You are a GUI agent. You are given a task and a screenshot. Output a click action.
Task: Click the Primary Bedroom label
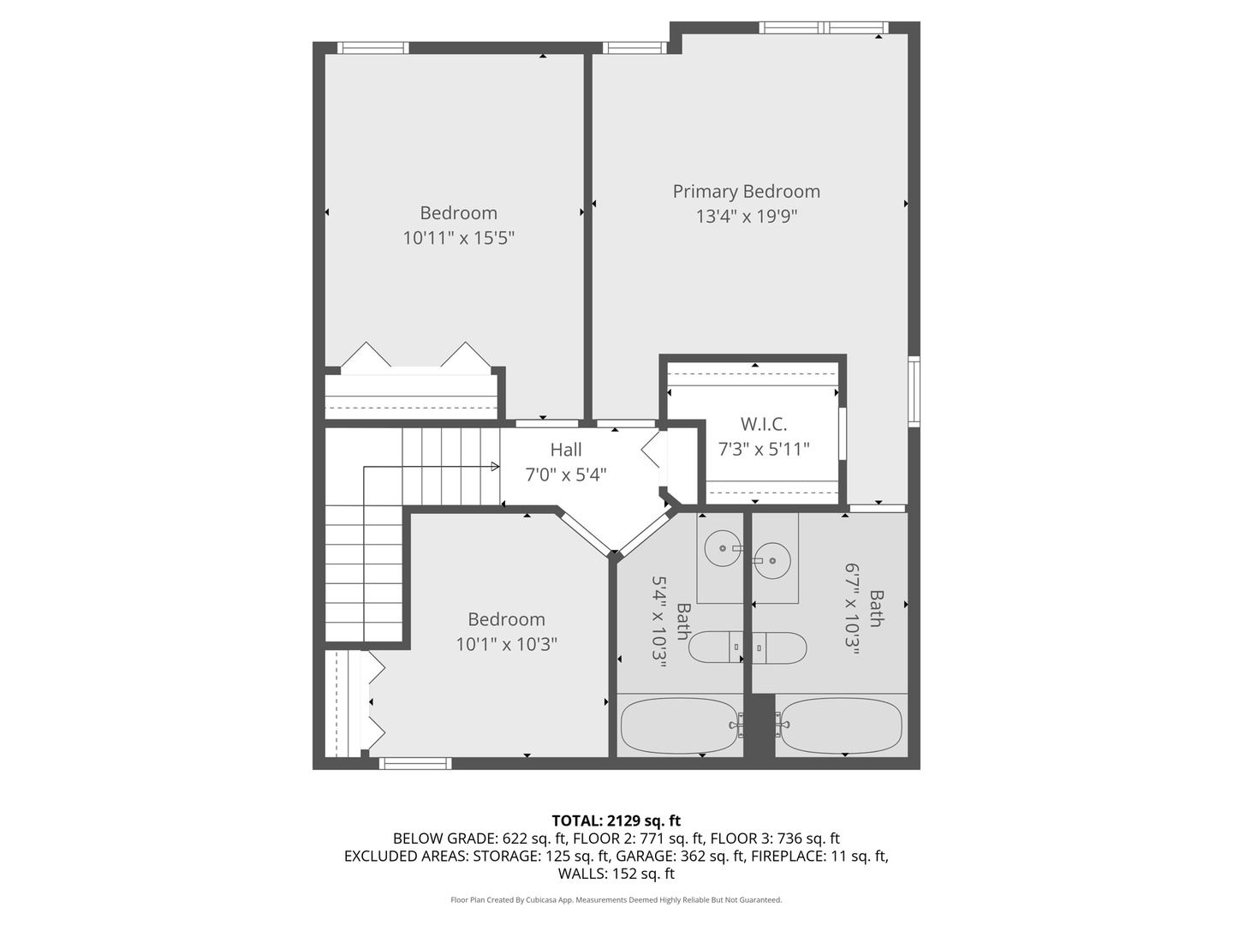(746, 192)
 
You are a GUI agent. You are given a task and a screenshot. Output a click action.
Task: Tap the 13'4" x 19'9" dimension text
(746, 216)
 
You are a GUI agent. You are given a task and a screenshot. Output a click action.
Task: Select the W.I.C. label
(763, 424)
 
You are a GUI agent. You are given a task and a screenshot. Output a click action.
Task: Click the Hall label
(566, 450)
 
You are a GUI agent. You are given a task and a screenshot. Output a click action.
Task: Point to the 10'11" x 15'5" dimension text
(458, 237)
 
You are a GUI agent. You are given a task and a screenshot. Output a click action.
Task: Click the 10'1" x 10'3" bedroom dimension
(506, 644)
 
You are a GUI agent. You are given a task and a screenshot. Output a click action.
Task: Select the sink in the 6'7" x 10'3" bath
(773, 560)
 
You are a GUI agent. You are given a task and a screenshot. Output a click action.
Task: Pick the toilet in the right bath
(780, 648)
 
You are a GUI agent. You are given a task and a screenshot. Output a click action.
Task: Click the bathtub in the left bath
(679, 725)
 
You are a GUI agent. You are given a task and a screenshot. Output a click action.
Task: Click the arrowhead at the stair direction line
(495, 467)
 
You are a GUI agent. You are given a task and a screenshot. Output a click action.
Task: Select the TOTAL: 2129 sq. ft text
(616, 821)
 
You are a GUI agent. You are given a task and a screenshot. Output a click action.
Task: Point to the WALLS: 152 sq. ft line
(616, 874)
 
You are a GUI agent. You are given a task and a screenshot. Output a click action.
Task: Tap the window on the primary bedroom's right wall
(914, 391)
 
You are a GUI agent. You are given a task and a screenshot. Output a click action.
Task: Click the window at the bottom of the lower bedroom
(415, 763)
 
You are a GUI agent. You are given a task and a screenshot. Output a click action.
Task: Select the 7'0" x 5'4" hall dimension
(566, 474)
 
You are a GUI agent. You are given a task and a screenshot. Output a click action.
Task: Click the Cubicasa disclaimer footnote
(616, 900)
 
